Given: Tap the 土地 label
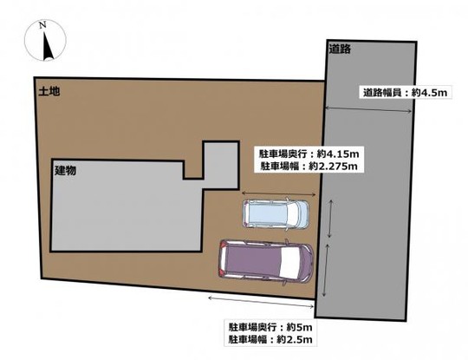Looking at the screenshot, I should point(48,89).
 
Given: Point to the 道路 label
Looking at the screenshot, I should point(340,49).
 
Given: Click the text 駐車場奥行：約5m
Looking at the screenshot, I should point(270,328).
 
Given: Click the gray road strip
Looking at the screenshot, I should point(368,217).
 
